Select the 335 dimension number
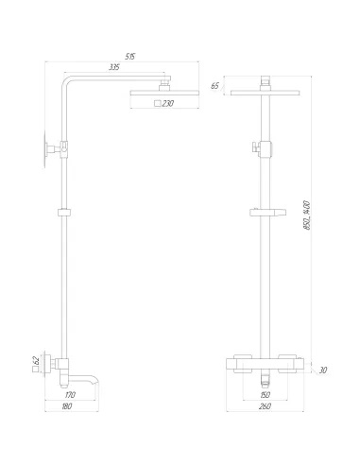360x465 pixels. (114, 69)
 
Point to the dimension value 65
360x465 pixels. (214, 86)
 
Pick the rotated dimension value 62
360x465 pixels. (36, 360)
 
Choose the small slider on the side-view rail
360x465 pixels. (64, 211)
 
